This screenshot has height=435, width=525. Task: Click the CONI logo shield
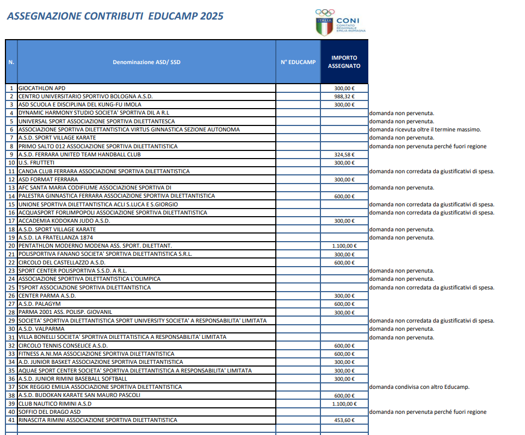(324, 26)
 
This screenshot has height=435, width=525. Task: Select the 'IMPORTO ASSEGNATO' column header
(344, 62)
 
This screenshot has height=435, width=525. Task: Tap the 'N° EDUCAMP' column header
(298, 62)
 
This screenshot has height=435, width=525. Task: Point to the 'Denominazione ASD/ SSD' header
(146, 62)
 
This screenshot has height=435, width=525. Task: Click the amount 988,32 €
(344, 96)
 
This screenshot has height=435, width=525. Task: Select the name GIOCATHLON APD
(42, 88)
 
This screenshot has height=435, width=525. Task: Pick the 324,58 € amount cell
(344, 155)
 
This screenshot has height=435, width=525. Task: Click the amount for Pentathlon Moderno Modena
(344, 246)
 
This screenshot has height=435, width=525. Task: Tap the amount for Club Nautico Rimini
(344, 404)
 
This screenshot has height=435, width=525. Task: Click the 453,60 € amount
(344, 420)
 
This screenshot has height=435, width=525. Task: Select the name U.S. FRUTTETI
(36, 163)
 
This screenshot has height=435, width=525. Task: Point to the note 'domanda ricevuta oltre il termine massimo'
(425, 130)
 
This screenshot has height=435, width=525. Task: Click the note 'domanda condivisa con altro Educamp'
(419, 387)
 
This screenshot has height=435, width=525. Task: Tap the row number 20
(11, 246)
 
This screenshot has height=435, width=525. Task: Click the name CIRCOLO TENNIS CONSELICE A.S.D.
(63, 345)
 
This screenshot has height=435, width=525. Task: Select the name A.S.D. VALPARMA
(41, 329)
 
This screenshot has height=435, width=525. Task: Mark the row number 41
(11, 420)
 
